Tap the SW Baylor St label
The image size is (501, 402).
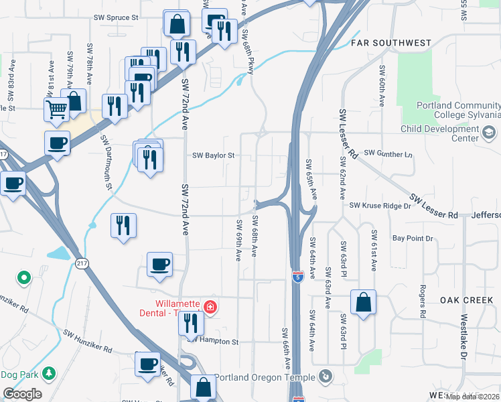(213, 155)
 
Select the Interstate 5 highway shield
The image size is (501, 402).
(297, 275)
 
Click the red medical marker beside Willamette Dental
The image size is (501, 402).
(210, 307)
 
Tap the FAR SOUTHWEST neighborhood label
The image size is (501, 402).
(391, 43)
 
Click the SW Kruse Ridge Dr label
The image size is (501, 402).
(380, 205)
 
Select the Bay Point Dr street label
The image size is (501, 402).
(413, 239)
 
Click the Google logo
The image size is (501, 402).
(22, 394)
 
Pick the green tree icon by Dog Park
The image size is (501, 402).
(48, 373)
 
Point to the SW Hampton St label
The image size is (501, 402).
(213, 342)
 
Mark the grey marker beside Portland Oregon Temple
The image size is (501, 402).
(326, 376)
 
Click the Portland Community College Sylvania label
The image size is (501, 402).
(458, 111)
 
